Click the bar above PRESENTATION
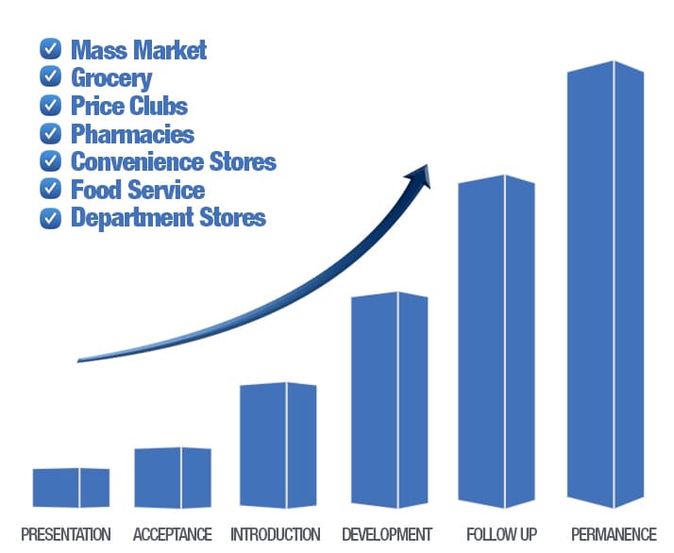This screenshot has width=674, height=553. pos(71,487)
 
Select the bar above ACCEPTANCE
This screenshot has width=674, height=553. pos(172,478)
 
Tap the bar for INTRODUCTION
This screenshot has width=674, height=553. pos(278,444)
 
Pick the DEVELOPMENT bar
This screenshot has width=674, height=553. pos(389,401)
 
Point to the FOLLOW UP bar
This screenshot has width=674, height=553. pos(497,342)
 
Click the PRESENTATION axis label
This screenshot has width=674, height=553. pos(66,534)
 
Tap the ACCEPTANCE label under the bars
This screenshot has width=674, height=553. pos(173,534)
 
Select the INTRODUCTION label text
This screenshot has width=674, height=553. pos(276,534)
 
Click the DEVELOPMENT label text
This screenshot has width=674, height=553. pos(387,534)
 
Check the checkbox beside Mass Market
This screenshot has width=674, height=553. pos(50,48)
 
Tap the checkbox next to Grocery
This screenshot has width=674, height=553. pos(50,76)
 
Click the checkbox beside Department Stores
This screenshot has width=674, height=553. pos(50,218)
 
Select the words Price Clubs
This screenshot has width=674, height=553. pos(129,106)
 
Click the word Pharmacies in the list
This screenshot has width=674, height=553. pos(132,134)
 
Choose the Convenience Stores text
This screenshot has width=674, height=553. pos(174,161)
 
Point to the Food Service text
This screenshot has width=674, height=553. pos(138,190)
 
